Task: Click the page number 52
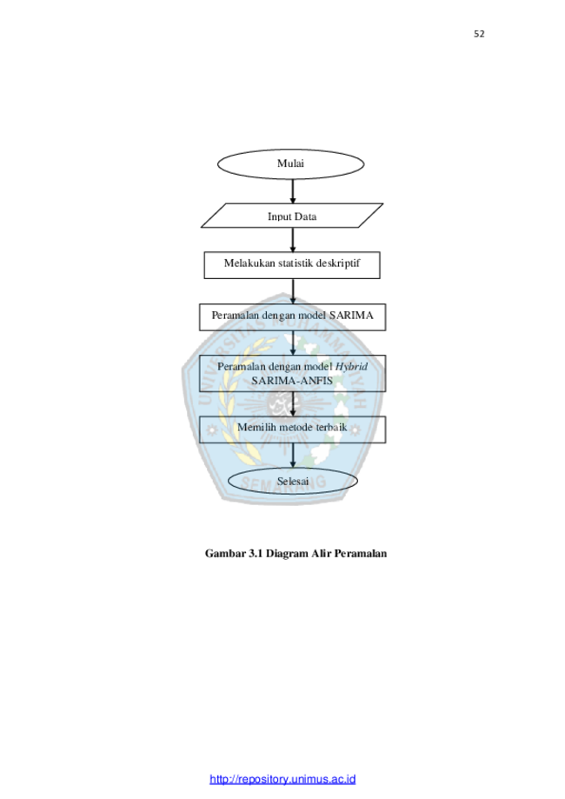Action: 479,34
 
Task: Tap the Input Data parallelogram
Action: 292,216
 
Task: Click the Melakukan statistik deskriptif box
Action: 292,265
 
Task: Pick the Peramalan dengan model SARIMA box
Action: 292,317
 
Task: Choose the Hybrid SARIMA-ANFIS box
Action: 292,374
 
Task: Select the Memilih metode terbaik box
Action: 292,429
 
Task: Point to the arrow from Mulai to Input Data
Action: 292,191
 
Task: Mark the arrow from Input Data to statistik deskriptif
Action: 292,239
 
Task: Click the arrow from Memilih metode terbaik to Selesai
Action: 292,455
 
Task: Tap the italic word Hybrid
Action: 351,367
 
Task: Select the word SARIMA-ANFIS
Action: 292,381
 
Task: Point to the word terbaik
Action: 331,427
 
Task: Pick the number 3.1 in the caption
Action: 256,554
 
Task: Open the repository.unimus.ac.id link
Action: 282,779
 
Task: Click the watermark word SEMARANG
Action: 283,482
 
